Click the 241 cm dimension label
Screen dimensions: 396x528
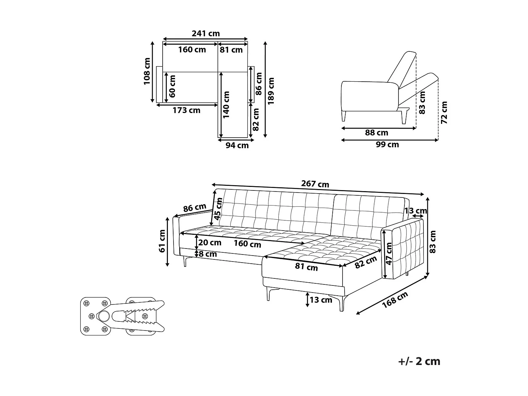pyautogui.click(x=206, y=33)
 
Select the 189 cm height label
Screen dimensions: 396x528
pyautogui.click(x=271, y=91)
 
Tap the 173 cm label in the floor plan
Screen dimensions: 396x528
pyautogui.click(x=186, y=110)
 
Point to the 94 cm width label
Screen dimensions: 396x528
pyautogui.click(x=237, y=145)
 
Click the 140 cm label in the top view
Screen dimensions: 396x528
pyautogui.click(x=226, y=105)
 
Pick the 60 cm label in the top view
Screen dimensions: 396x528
pyautogui.click(x=172, y=86)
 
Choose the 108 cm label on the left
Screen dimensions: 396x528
pyautogui.click(x=147, y=71)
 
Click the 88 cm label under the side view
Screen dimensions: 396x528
pyautogui.click(x=376, y=133)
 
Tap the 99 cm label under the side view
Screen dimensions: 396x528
pyautogui.click(x=387, y=144)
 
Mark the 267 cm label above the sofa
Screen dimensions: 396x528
pyautogui.click(x=315, y=184)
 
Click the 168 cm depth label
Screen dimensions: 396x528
pyautogui.click(x=395, y=300)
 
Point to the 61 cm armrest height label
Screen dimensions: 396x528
pyautogui.click(x=162, y=241)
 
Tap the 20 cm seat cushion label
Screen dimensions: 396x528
pyautogui.click(x=210, y=243)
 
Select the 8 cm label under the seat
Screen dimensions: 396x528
pyautogui.click(x=208, y=254)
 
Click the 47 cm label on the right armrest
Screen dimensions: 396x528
pyautogui.click(x=389, y=253)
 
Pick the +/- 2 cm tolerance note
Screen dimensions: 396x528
pyautogui.click(x=419, y=361)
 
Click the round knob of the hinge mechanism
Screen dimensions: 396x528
pyautogui.click(x=103, y=317)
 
